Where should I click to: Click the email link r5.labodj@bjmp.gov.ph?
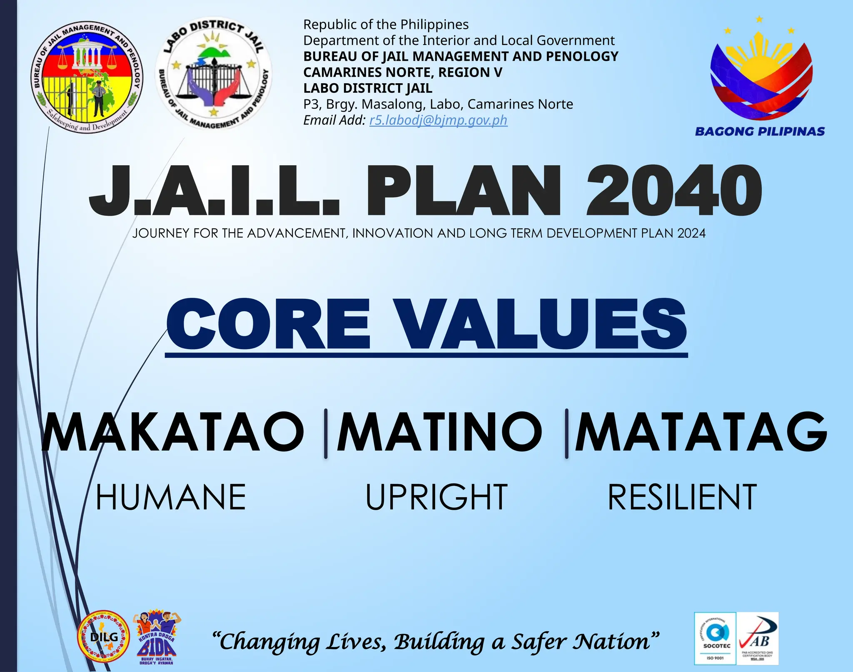click(438, 120)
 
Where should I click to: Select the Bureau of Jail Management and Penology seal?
click(87, 77)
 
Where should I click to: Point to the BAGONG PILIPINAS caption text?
click(760, 131)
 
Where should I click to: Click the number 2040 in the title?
click(674, 191)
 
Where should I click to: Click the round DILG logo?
click(104, 637)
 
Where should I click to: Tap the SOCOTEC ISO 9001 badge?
click(715, 638)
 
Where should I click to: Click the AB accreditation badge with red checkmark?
click(758, 638)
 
